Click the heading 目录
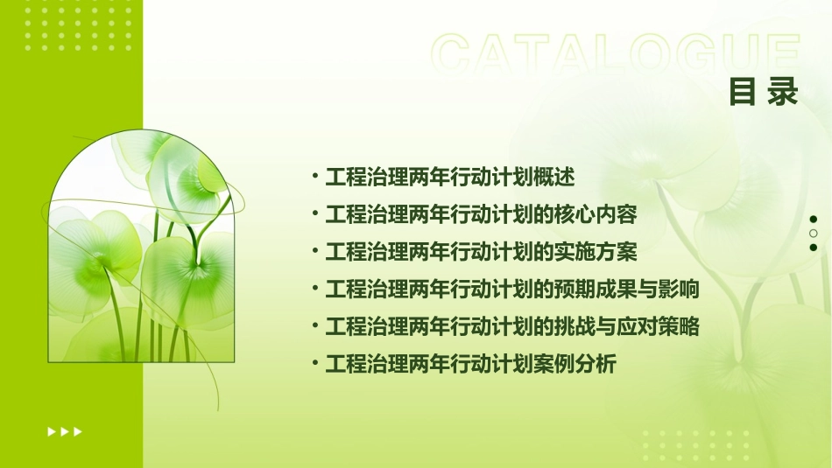pos(764,93)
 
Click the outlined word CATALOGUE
pos(616,55)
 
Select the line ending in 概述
pos(449,177)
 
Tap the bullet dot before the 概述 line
pos(315,176)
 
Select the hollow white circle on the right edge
pos(814,234)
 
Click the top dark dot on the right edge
pos(814,220)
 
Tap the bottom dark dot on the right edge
pos(814,248)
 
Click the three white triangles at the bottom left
pos(65,431)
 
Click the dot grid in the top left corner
pos(78,27)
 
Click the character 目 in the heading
pos(743,93)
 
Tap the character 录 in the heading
pos(784,93)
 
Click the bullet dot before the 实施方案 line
pos(315,251)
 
